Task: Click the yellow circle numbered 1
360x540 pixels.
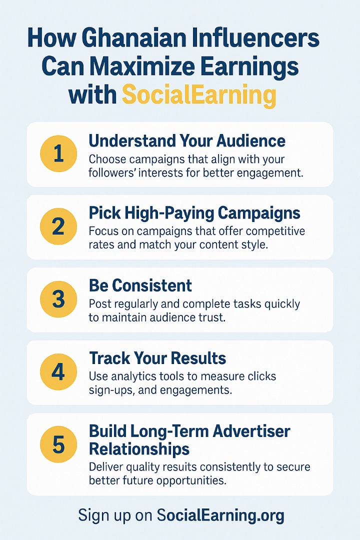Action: point(58,154)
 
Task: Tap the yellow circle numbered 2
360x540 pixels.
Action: point(58,227)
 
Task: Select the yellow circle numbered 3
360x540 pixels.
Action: point(58,299)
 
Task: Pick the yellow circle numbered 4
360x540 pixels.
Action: point(58,372)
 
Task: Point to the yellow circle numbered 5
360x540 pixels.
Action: point(58,445)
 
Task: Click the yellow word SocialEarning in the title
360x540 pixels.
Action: point(199,95)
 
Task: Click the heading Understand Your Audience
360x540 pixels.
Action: point(187,141)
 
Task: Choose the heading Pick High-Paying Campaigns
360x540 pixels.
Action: point(194,213)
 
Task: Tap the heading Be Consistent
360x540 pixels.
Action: point(140,285)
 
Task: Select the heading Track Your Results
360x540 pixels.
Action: point(157,358)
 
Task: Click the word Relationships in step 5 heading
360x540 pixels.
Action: point(139,448)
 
